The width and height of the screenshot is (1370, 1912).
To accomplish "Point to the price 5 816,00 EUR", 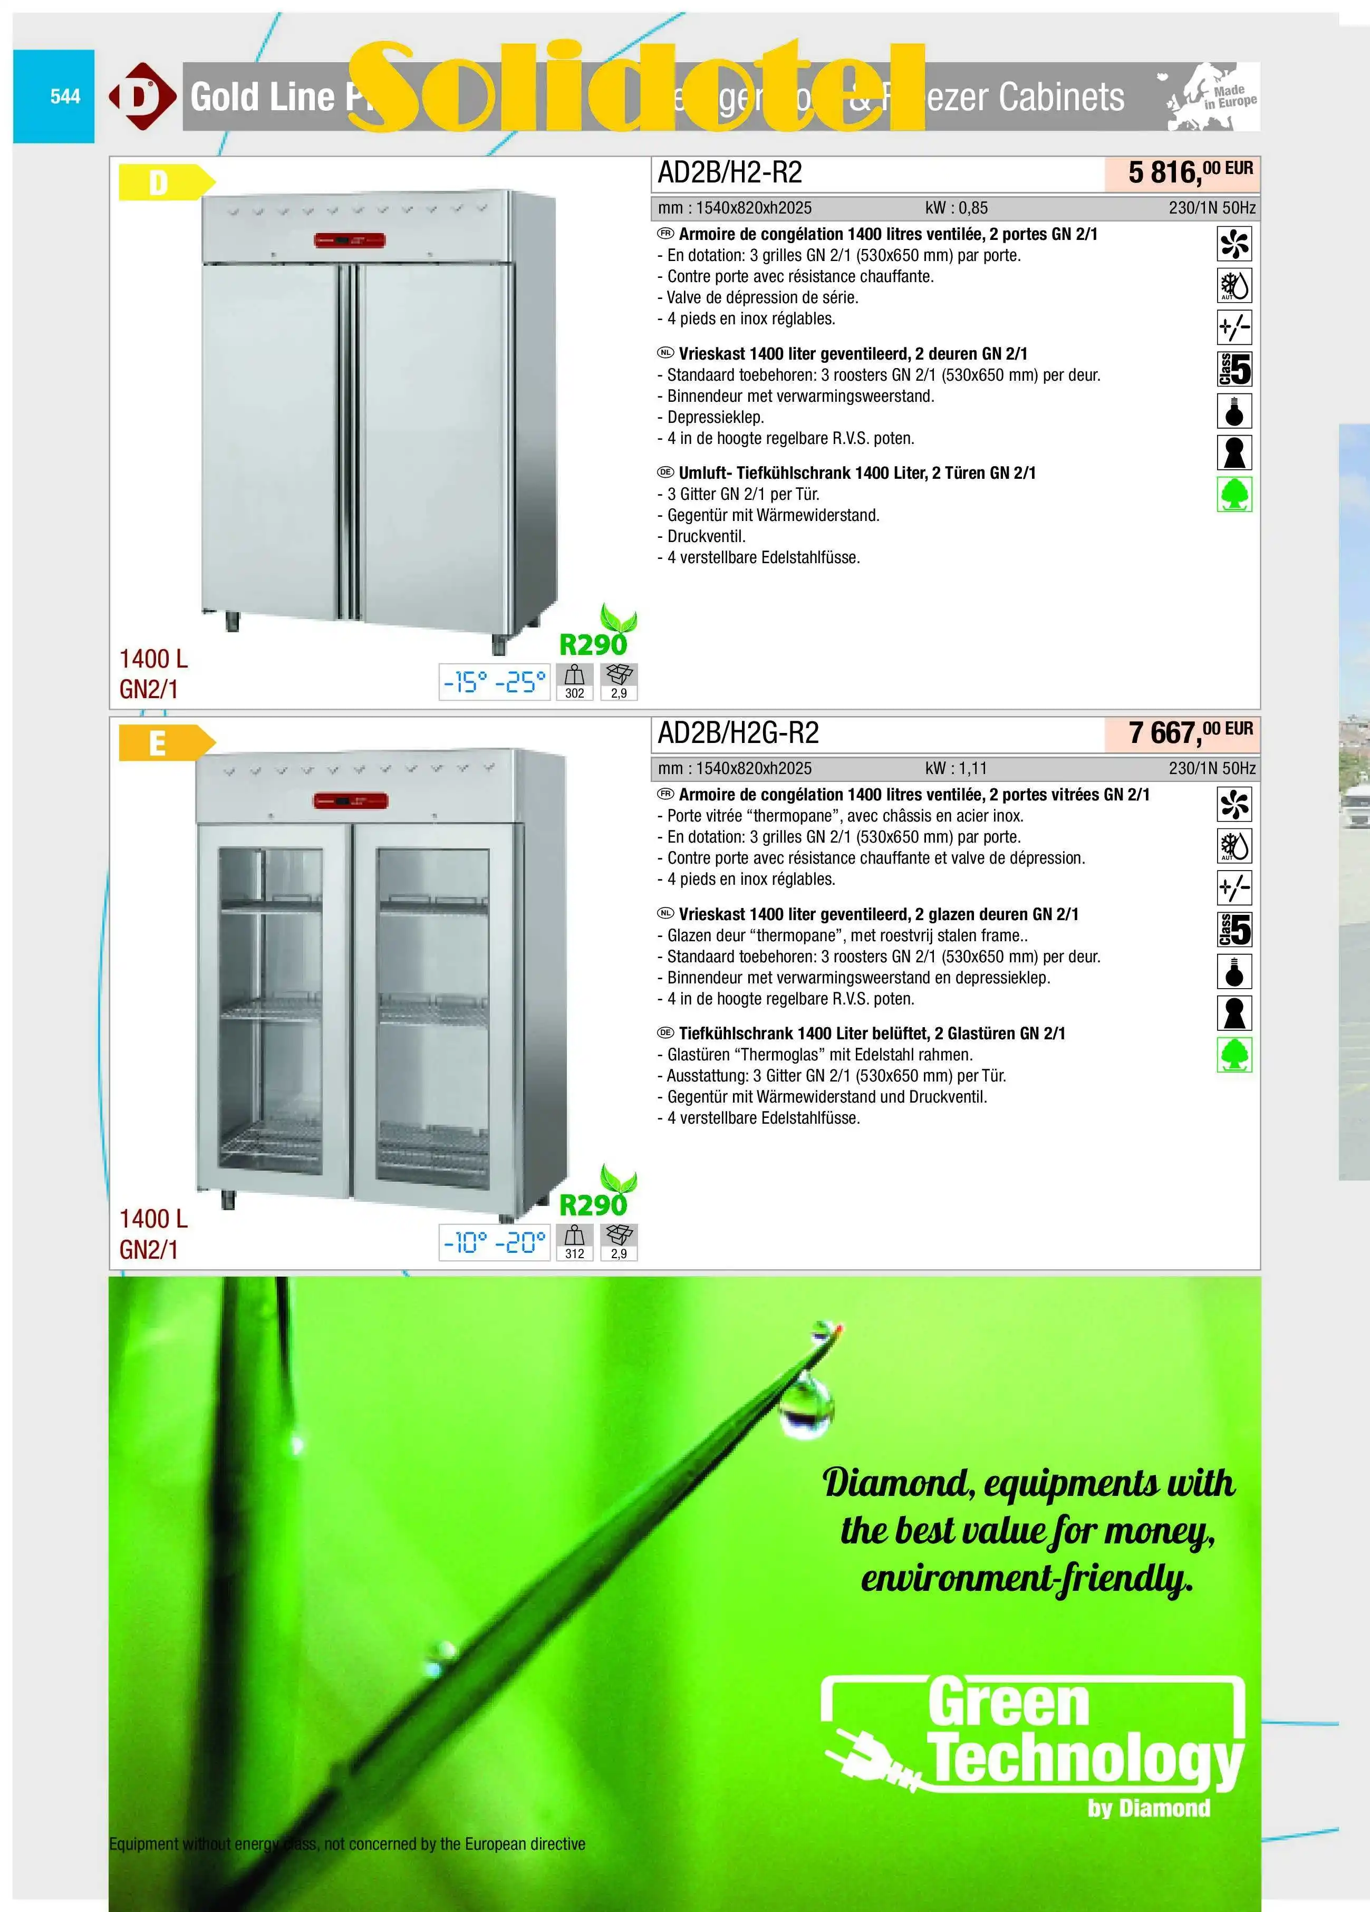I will (x=1189, y=172).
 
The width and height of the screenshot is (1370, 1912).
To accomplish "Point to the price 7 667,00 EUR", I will (x=1189, y=732).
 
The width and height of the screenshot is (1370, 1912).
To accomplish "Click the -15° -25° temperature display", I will (x=495, y=682).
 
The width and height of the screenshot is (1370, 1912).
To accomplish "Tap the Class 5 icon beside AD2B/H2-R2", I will (x=1234, y=369).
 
